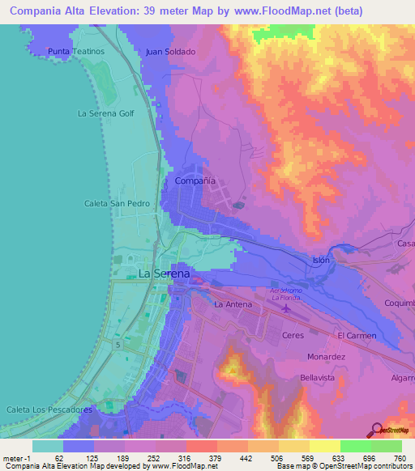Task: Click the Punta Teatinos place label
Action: point(77,51)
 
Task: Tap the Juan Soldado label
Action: point(170,51)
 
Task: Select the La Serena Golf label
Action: point(105,113)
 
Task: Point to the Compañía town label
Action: point(195,181)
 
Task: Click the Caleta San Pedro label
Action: point(118,204)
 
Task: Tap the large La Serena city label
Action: point(165,274)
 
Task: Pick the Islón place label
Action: point(322,260)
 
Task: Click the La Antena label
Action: point(233,305)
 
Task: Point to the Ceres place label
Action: point(292,334)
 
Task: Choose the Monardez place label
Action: point(327,356)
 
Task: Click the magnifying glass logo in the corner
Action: point(375,430)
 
